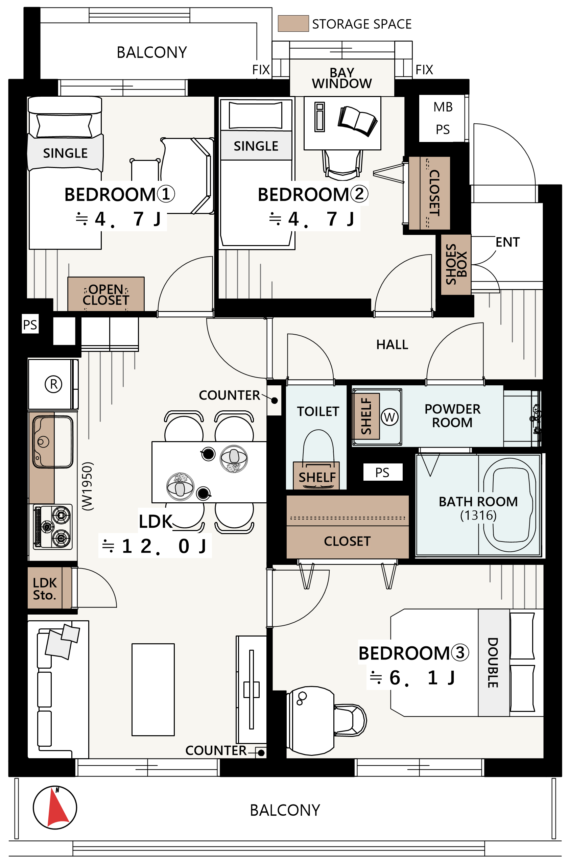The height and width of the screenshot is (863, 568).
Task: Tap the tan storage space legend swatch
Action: click(293, 24)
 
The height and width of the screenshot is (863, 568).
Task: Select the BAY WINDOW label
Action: click(342, 78)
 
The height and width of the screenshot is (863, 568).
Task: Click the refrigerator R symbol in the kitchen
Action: click(53, 384)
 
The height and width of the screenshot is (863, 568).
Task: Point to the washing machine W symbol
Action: click(389, 417)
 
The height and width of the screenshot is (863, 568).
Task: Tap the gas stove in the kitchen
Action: click(53, 527)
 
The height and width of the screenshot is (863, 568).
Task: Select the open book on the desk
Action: click(357, 121)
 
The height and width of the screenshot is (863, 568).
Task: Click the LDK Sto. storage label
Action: click(45, 589)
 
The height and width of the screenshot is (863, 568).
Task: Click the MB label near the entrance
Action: click(443, 107)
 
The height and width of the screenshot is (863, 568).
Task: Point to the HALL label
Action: click(392, 344)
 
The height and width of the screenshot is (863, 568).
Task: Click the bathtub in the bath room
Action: click(509, 505)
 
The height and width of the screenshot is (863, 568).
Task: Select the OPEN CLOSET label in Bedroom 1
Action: click(105, 294)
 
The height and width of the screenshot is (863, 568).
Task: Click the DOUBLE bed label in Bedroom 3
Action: click(492, 663)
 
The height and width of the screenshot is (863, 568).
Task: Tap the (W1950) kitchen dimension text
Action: click(88, 486)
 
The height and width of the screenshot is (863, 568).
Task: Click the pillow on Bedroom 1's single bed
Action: click(65, 125)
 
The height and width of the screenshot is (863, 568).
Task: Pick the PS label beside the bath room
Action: click(382, 473)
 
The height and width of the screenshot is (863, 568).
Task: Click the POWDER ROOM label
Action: click(452, 415)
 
